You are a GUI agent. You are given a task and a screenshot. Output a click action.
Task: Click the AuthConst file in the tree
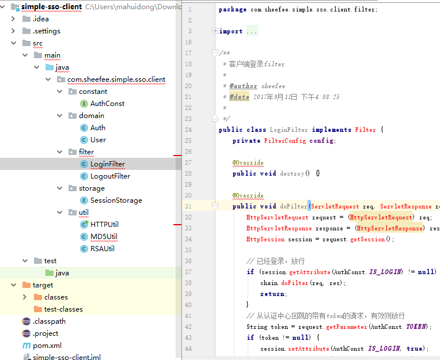(x=107, y=104)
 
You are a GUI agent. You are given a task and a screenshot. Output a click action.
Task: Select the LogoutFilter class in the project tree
(x=110, y=176)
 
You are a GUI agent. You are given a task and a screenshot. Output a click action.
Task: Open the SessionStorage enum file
(x=116, y=200)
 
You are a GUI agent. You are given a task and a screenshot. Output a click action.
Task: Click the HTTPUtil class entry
(x=104, y=225)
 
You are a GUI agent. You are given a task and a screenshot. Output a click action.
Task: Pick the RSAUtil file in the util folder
(x=103, y=249)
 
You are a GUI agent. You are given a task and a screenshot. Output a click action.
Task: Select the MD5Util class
(x=104, y=237)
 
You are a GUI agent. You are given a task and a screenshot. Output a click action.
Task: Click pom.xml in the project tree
(x=47, y=346)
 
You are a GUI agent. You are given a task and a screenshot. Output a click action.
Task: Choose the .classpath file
(x=49, y=321)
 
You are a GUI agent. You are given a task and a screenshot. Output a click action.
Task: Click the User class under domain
(x=98, y=140)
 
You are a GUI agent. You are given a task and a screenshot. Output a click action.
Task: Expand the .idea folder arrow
(x=13, y=19)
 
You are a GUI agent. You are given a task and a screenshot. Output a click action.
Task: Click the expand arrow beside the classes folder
(x=25, y=297)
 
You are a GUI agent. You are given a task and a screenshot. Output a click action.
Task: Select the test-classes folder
(x=63, y=309)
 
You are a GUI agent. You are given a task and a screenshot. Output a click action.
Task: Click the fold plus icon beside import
(x=215, y=31)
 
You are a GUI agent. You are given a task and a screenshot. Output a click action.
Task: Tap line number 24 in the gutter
(x=188, y=130)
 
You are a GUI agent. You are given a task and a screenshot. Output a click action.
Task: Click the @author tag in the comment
(x=243, y=86)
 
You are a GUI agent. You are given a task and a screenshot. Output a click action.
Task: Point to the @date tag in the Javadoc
(x=239, y=97)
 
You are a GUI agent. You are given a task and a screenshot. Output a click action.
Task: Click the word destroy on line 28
(x=292, y=173)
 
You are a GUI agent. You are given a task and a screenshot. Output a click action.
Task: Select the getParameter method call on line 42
(x=347, y=327)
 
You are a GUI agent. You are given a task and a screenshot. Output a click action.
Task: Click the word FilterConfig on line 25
(x=285, y=141)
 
